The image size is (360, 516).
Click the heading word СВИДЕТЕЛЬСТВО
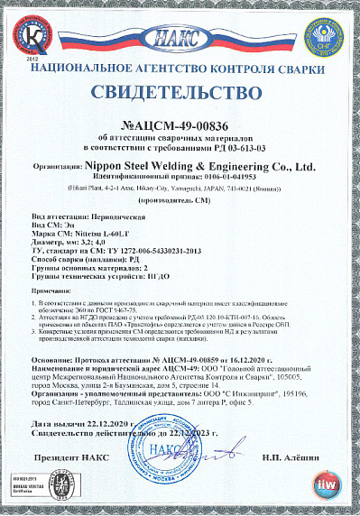click(180, 94)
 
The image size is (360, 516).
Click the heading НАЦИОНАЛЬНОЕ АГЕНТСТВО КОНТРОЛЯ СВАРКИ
click(180, 69)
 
